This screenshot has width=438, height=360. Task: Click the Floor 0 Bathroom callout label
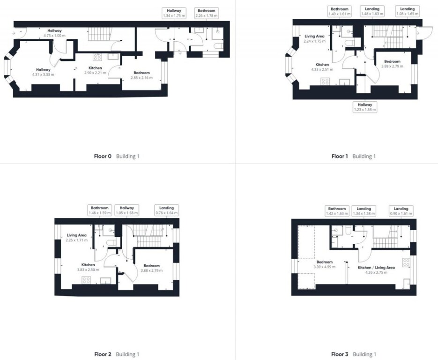pyautogui.click(x=207, y=13)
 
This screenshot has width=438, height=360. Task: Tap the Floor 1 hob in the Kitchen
pyautogui.click(x=325, y=82)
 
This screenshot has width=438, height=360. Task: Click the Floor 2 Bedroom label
pyautogui.click(x=152, y=265)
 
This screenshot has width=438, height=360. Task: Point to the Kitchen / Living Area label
pyautogui.click(x=376, y=268)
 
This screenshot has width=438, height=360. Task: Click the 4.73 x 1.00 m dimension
pyautogui.click(x=54, y=36)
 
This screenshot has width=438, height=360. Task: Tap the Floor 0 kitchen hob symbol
pyautogui.click(x=97, y=57)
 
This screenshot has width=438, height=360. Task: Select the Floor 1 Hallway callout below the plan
pyautogui.click(x=365, y=107)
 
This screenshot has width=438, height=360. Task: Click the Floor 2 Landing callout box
pyautogui.click(x=166, y=210)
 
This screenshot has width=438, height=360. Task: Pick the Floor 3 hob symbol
pyautogui.click(x=406, y=262)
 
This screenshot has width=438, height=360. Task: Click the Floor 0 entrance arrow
pyautogui.click(x=14, y=33)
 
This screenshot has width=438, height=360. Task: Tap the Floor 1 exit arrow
pyautogui.click(x=417, y=33)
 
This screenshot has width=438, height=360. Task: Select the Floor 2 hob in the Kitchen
pyautogui.click(x=86, y=280)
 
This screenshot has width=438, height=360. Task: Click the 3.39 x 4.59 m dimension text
pyautogui.click(x=324, y=267)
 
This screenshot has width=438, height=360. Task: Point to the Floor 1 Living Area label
pyautogui.click(x=314, y=36)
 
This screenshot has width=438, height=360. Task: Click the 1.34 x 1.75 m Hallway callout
pyautogui.click(x=174, y=13)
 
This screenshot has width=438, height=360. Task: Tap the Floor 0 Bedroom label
pyautogui.click(x=141, y=73)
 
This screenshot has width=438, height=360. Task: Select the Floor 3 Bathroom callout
pyautogui.click(x=337, y=211)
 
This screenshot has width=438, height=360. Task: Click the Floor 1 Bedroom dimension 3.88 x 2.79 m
pyautogui.click(x=392, y=67)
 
